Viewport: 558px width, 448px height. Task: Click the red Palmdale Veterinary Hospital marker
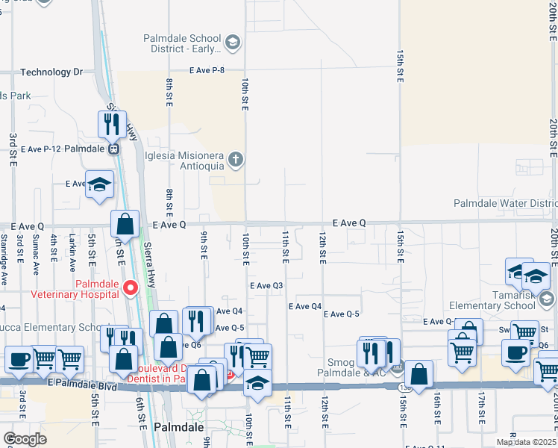[x=131, y=287]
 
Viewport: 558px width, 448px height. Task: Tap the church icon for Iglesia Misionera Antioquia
[x=236, y=158]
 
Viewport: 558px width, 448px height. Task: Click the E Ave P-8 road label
[x=207, y=70]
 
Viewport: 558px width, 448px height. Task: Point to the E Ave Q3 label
[x=266, y=285]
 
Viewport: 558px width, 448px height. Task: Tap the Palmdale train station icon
[x=114, y=149]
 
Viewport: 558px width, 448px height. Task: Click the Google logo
[x=25, y=439]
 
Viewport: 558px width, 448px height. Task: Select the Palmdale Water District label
[x=506, y=204]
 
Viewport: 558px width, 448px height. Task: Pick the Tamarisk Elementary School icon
[x=547, y=299]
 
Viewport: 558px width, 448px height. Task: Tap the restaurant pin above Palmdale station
[x=112, y=123]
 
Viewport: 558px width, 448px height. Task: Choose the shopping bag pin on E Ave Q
[x=125, y=223]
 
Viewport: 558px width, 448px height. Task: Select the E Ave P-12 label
[x=41, y=149]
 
